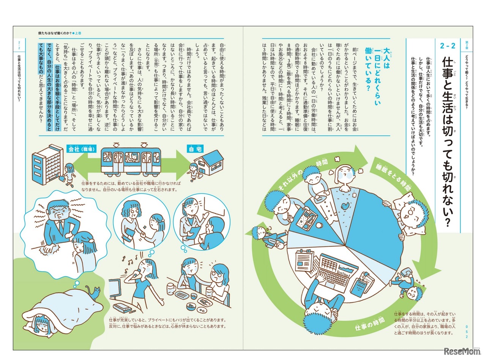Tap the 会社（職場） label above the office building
tap(82, 149)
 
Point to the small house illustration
tap(208, 162)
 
